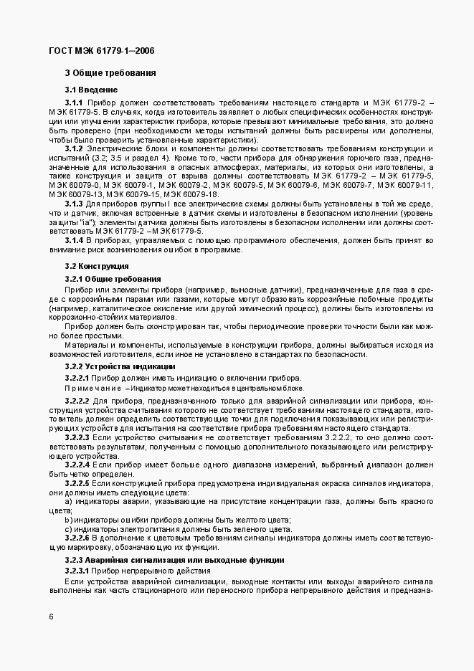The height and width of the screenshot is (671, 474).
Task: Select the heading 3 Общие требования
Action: click(x=110, y=73)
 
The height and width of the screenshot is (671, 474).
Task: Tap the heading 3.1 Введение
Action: click(x=92, y=90)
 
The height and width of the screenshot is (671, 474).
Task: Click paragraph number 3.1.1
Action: click(x=74, y=103)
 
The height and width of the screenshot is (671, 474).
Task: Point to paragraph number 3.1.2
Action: click(x=74, y=148)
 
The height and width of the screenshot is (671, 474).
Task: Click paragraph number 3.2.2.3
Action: click(x=77, y=436)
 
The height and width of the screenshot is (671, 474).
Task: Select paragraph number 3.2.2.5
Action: click(x=77, y=484)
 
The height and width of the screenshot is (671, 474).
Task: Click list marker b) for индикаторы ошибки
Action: click(x=68, y=520)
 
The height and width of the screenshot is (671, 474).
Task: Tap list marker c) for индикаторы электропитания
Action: click(x=68, y=528)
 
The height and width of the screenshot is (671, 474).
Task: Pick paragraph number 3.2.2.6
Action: click(x=77, y=537)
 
